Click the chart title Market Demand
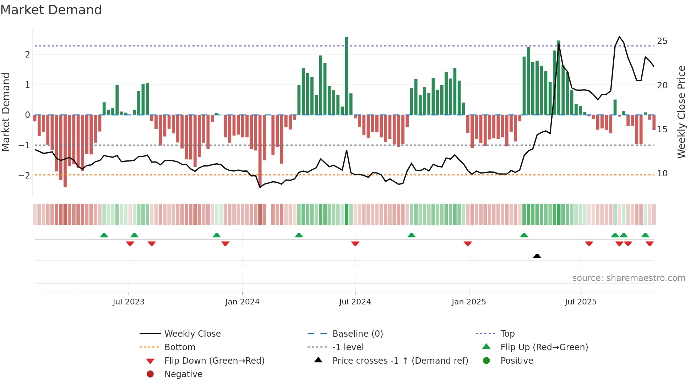click(51, 10)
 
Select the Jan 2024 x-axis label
click(242, 302)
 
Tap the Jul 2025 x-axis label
click(581, 302)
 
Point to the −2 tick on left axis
click(24, 175)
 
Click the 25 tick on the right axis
click(662, 41)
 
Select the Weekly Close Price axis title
click(681, 112)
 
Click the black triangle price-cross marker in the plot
click(537, 256)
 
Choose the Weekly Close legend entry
click(192, 334)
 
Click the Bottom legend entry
click(180, 347)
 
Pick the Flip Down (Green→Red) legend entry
click(214, 361)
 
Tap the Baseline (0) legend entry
click(357, 334)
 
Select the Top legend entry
click(507, 334)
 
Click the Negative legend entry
click(183, 374)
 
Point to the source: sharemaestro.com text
click(629, 278)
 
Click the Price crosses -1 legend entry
click(400, 361)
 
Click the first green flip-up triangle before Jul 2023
click(104, 235)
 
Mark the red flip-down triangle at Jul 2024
click(355, 243)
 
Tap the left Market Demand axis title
click(6, 112)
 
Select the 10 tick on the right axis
click(662, 174)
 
